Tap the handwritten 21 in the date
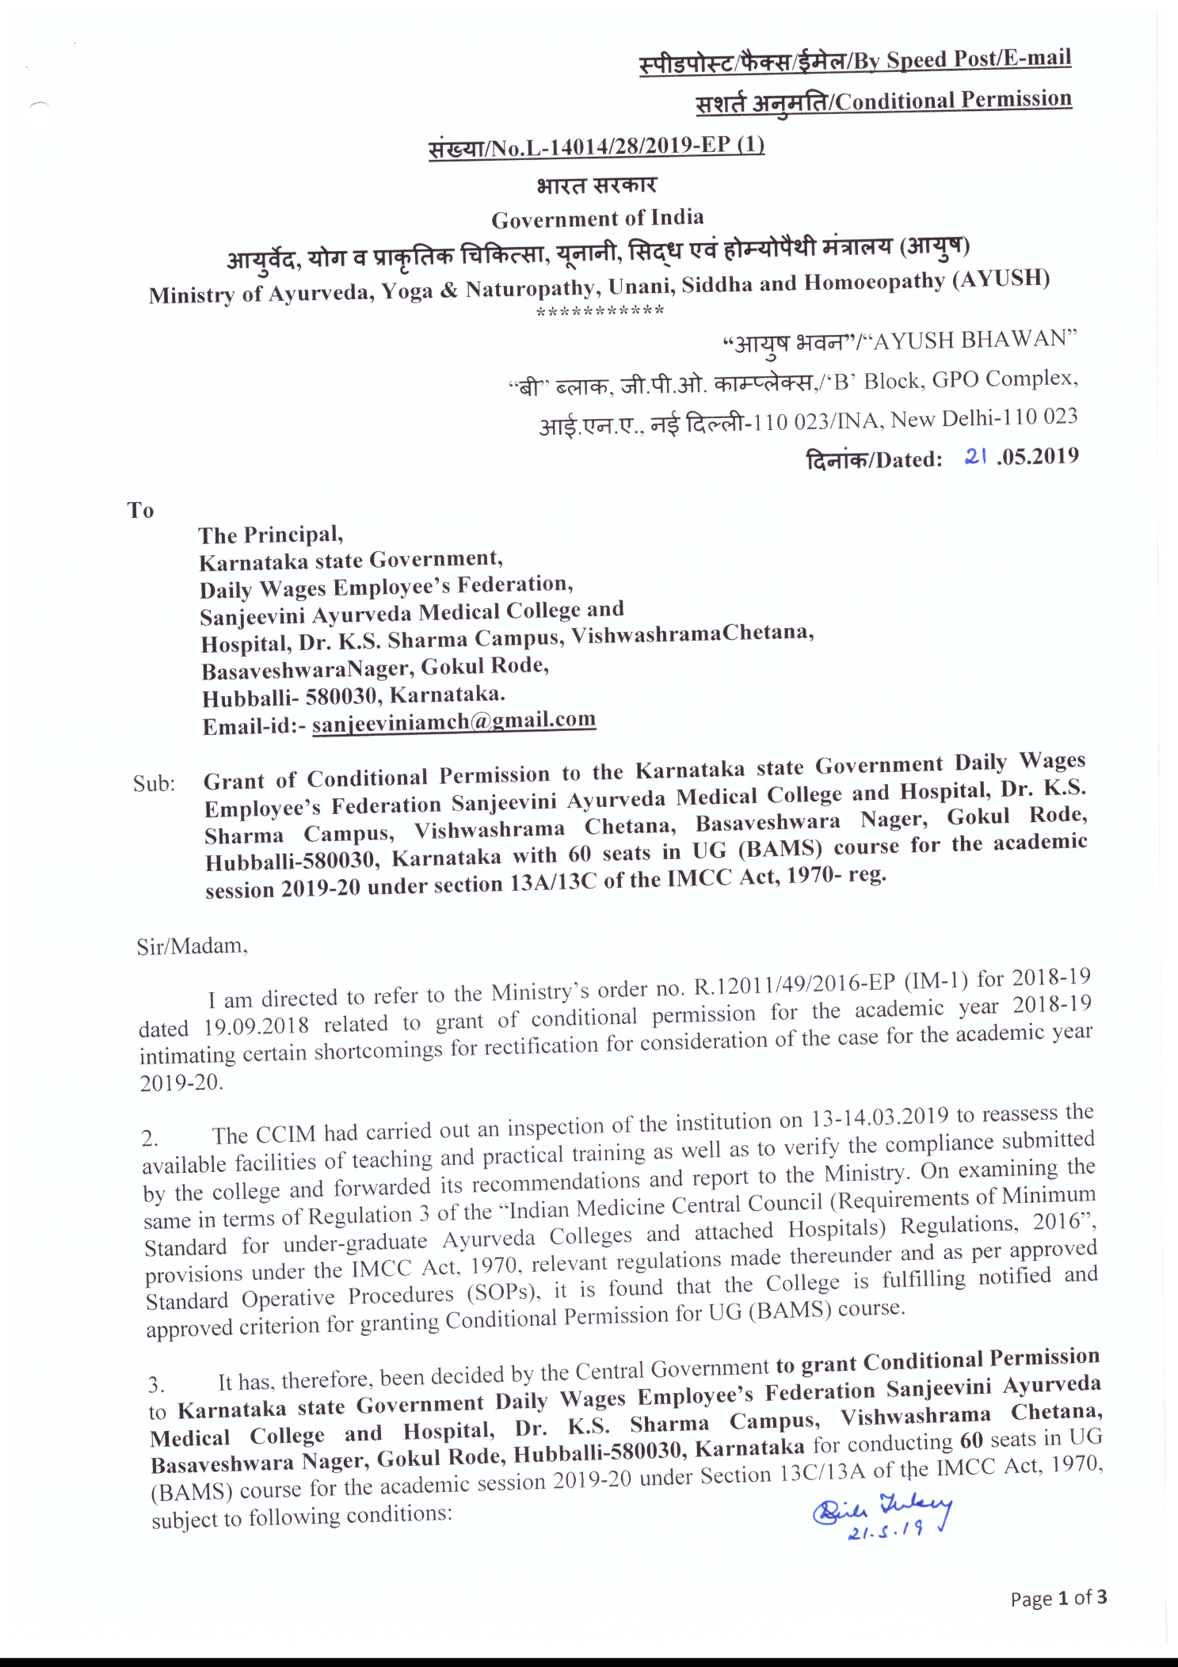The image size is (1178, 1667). click(x=975, y=457)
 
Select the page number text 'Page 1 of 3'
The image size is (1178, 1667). click(x=1058, y=1597)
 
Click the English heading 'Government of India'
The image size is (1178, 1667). click(x=597, y=218)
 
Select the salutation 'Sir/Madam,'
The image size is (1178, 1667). click(x=192, y=946)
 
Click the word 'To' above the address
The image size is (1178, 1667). click(x=140, y=510)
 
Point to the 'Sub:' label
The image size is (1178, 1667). click(x=154, y=784)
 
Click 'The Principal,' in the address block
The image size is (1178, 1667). click(x=270, y=535)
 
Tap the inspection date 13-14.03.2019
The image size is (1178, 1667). click(x=880, y=1118)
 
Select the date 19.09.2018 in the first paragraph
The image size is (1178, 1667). click(x=256, y=1026)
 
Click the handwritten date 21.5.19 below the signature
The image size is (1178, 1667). click(x=885, y=1532)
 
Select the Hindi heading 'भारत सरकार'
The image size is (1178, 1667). click(x=597, y=185)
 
